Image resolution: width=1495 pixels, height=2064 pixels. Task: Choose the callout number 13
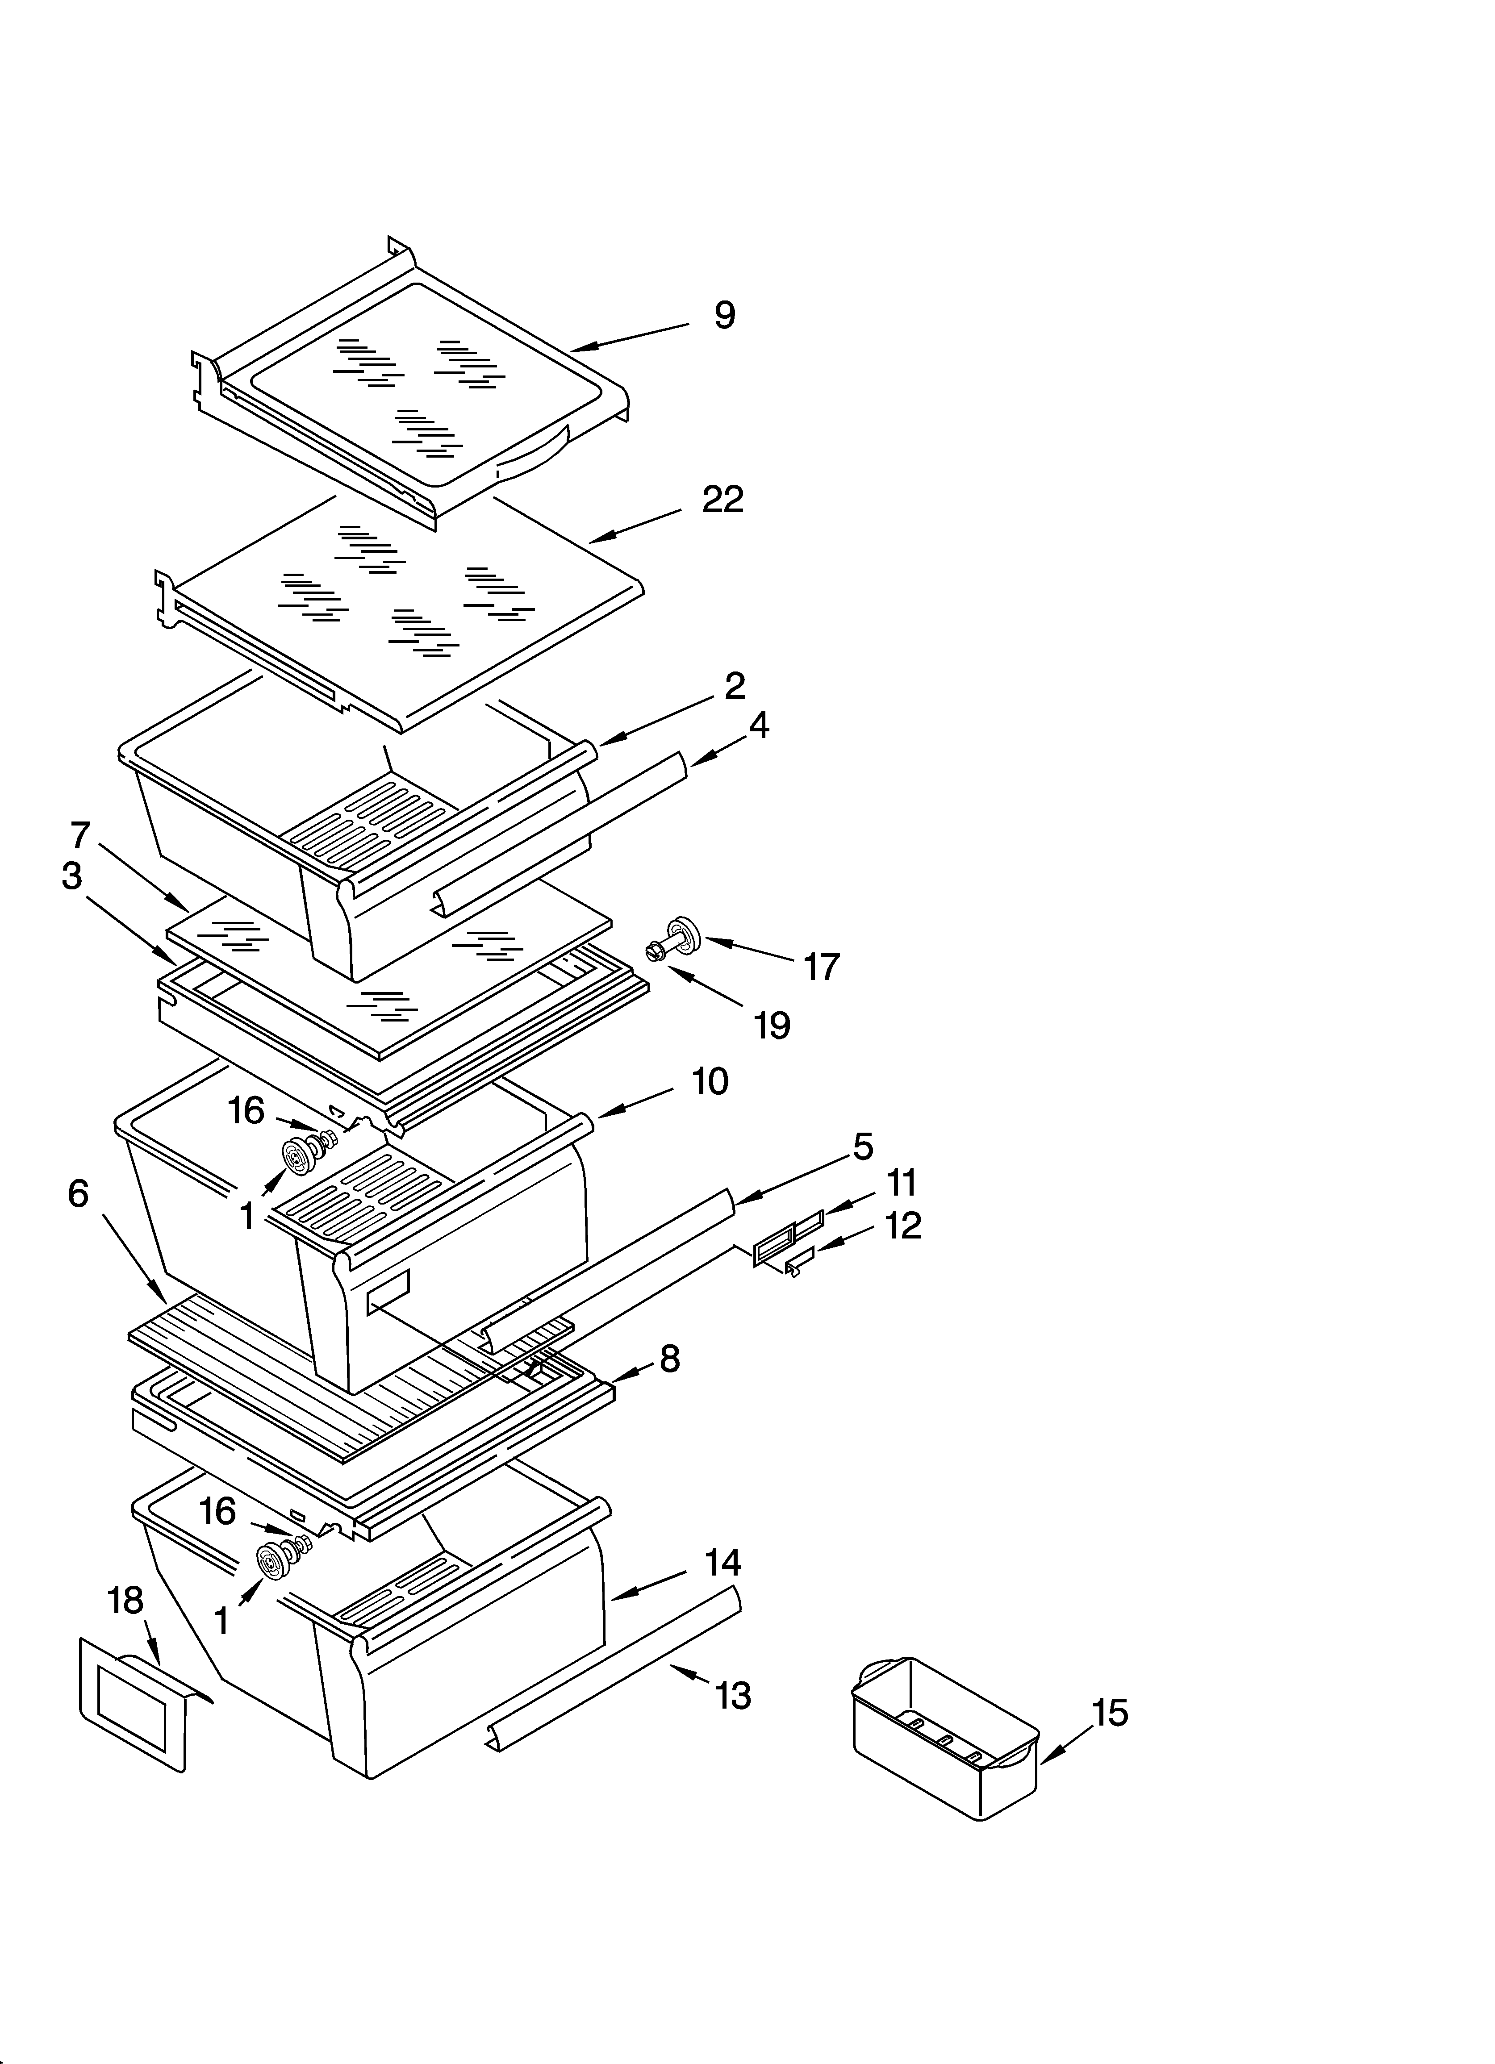coord(733,1695)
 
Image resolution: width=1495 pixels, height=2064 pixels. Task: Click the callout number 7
coord(80,834)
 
